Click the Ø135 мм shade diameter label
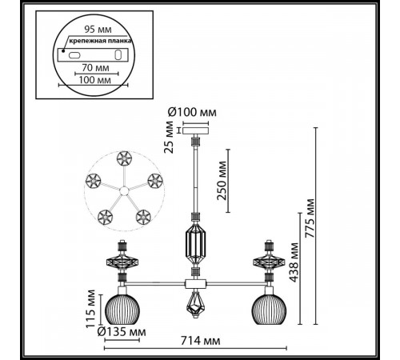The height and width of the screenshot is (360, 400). pyautogui.click(x=122, y=331)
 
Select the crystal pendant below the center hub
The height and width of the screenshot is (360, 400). pyautogui.click(x=194, y=304)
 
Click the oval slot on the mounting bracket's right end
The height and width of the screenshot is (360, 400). pyautogui.click(x=118, y=55)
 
